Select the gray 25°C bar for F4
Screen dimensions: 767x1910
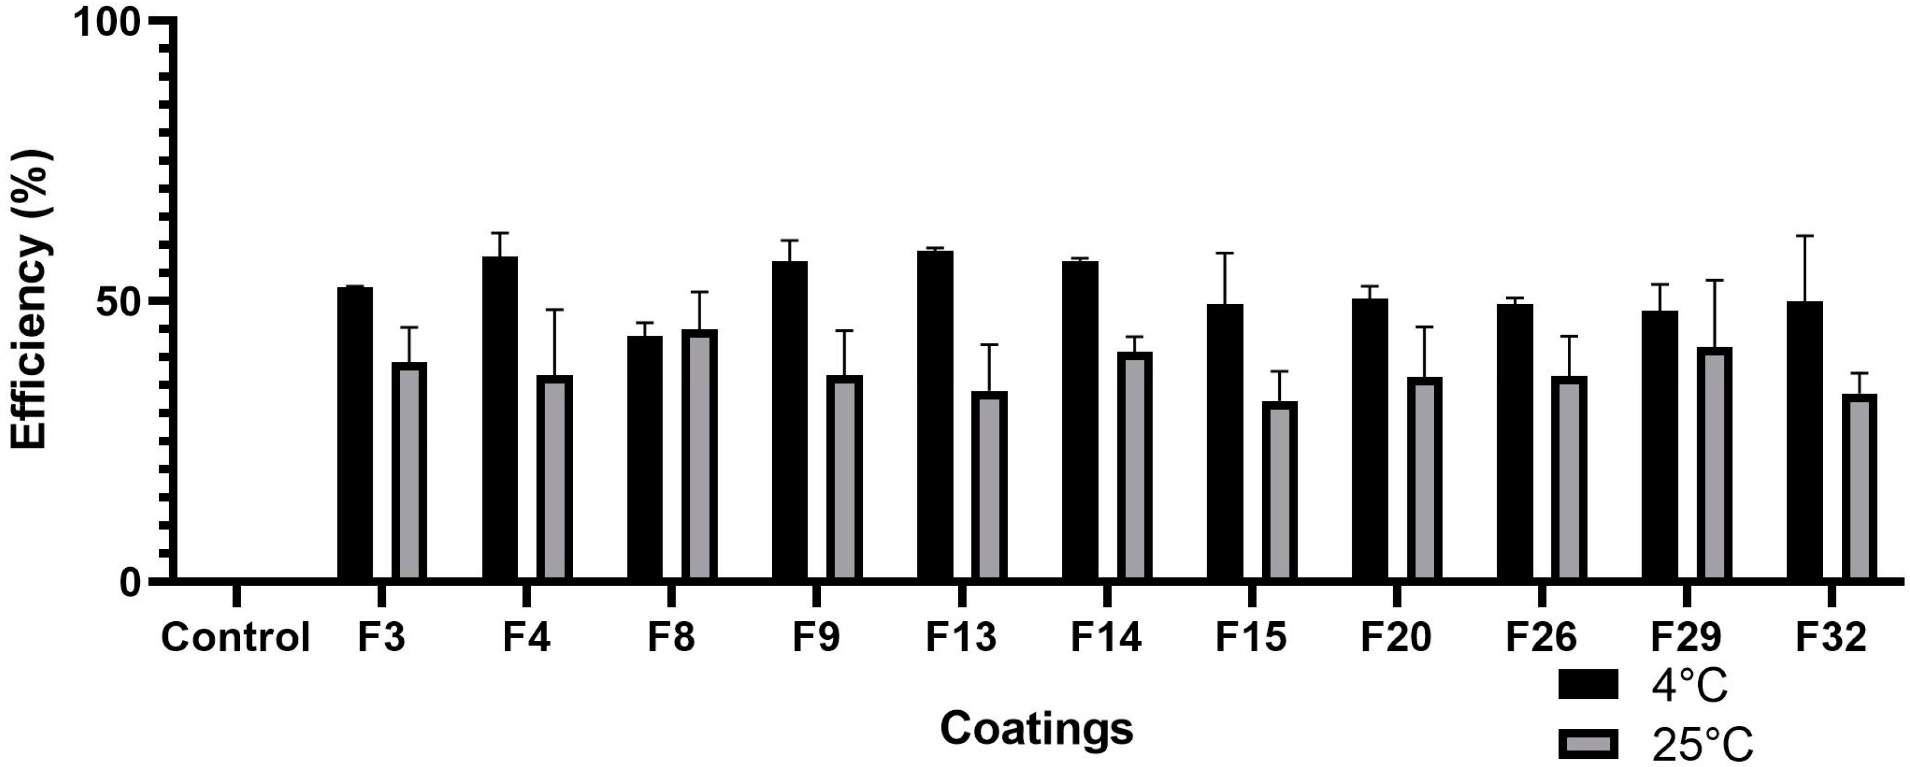(554, 478)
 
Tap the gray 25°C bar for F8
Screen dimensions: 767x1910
(699, 455)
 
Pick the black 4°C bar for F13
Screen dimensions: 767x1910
(934, 415)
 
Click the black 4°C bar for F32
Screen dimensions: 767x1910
(1805, 441)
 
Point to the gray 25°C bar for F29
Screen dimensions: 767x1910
(1714, 463)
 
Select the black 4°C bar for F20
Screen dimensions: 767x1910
(1370, 439)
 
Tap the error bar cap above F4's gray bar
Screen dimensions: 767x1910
(554, 310)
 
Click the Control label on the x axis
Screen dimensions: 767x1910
(235, 638)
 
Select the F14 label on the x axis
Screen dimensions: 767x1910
(1106, 638)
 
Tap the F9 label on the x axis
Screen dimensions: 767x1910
(816, 638)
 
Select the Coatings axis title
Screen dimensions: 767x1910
(1036, 728)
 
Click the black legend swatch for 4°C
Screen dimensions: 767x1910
(1587, 684)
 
